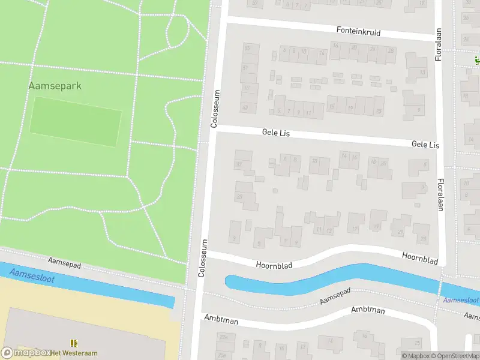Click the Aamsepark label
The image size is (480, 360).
(55, 86)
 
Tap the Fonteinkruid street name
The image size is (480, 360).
(358, 31)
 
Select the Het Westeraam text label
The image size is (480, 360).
(74, 352)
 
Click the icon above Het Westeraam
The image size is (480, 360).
(74, 343)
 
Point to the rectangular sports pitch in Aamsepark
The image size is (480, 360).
(76, 122)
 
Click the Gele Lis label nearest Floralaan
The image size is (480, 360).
(425, 145)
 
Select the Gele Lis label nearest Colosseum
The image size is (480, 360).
(275, 133)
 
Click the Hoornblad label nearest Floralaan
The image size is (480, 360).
(419, 258)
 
